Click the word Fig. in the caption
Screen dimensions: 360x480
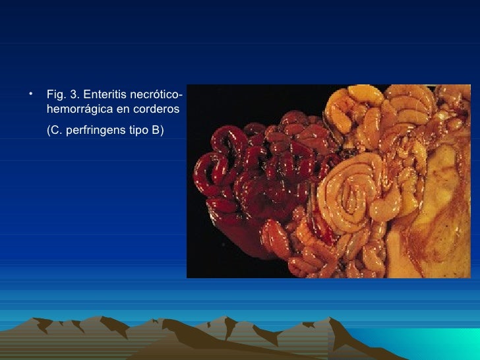(x=55, y=94)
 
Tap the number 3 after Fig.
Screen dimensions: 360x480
(x=73, y=94)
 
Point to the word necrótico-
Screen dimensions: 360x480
(x=156, y=94)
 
